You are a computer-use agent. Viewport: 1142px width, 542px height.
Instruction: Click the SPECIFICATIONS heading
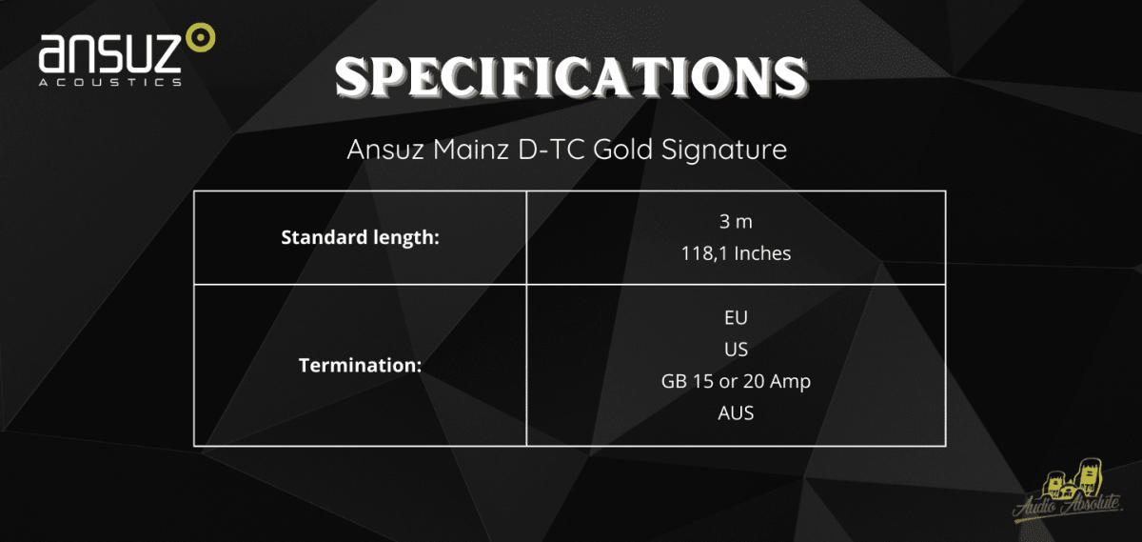tap(571, 77)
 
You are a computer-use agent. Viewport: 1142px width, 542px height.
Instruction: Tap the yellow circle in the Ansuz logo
tap(201, 37)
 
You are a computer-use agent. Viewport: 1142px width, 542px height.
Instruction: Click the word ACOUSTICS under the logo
tap(110, 82)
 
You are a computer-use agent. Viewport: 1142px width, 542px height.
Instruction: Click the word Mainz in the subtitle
tap(470, 149)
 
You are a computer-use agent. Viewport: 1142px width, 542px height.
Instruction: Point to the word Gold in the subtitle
tap(622, 149)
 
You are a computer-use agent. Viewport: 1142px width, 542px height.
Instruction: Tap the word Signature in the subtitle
tap(724, 151)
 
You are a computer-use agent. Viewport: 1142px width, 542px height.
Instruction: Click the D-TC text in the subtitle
tap(551, 149)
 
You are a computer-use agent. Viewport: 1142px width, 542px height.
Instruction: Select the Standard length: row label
tap(360, 238)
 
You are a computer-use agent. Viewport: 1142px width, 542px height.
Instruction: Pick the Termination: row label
tap(360, 366)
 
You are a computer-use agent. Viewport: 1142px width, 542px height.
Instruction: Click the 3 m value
tap(736, 222)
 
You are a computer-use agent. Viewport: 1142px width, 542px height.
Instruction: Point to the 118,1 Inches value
tap(736, 253)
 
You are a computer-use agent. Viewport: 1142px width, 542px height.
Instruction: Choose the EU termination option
tap(736, 317)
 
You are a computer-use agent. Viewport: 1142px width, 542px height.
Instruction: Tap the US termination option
tap(736, 349)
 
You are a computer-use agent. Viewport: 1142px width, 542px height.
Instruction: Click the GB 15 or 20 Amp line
tap(736, 381)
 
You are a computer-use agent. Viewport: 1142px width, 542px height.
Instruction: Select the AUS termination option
tap(736, 412)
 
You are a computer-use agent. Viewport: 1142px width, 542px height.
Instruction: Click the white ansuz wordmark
tap(110, 52)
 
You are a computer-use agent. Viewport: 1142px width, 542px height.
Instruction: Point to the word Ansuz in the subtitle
tap(385, 149)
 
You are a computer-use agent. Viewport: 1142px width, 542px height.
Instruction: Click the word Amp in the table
tap(790, 382)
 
